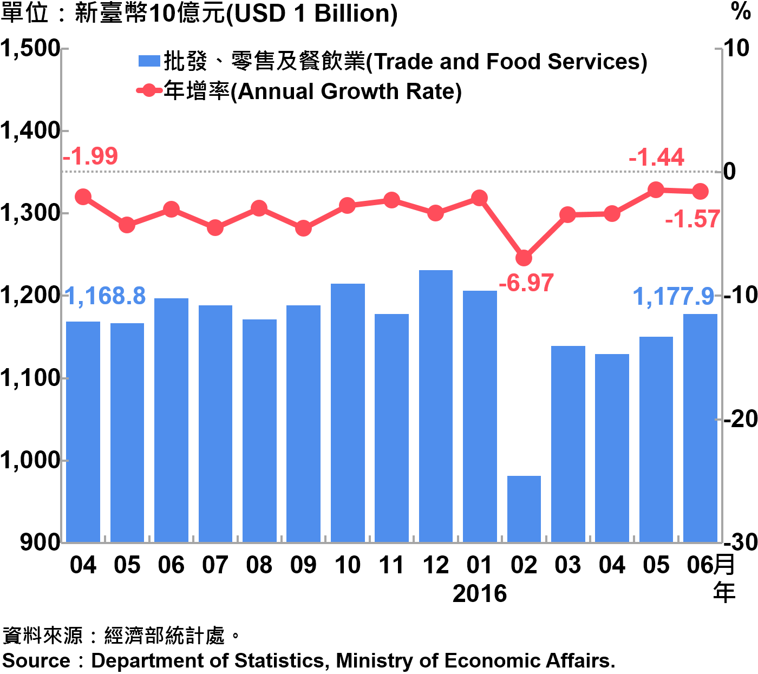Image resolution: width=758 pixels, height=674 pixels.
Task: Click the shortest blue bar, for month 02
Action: [524, 509]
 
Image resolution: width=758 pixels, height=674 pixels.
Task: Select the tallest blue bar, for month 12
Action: [436, 406]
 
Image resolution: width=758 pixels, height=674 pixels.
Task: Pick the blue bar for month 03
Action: [568, 444]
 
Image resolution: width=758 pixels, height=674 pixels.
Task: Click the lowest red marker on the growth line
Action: [524, 258]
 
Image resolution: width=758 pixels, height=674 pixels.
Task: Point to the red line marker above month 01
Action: [479, 198]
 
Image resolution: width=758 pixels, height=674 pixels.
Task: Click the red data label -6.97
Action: [526, 283]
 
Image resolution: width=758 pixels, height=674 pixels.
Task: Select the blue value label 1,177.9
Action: [674, 297]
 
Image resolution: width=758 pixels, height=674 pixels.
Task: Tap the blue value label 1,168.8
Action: [106, 296]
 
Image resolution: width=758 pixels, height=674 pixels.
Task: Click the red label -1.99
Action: [90, 156]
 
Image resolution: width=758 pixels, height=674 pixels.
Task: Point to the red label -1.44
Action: [656, 158]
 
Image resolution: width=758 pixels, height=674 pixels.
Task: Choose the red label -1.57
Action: [692, 219]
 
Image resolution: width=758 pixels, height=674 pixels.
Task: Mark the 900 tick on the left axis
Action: [40, 542]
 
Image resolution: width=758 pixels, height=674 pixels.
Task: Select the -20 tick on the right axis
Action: [740, 418]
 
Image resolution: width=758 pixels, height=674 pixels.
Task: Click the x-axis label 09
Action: [303, 565]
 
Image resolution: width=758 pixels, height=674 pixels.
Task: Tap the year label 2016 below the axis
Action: [479, 594]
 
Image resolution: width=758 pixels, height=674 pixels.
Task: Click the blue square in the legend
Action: [149, 61]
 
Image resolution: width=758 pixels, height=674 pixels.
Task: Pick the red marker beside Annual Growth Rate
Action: [149, 91]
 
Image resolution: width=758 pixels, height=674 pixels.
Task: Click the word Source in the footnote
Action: [36, 661]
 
